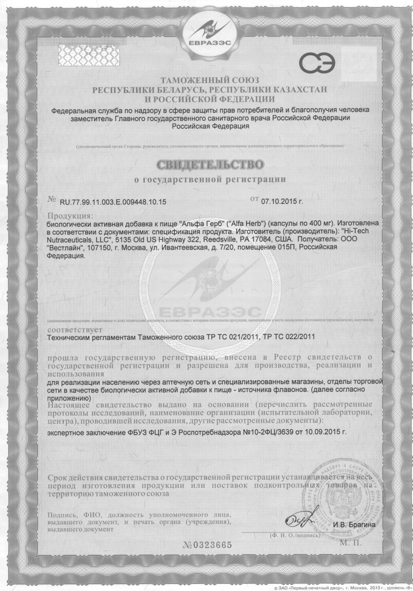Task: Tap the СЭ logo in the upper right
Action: coord(318,63)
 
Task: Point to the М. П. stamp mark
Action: coord(351,541)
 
